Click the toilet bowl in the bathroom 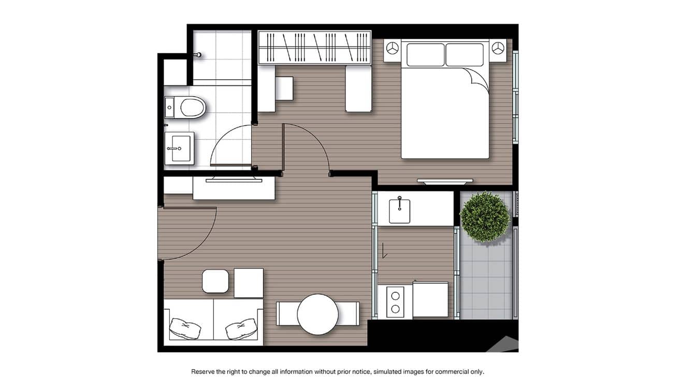[192, 108]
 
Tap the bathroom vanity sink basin [181, 148]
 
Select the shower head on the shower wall [198, 55]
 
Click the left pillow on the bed [425, 55]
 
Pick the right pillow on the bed [465, 55]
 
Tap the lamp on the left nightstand [392, 49]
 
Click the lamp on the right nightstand [498, 48]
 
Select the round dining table [317, 314]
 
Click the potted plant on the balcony [485, 217]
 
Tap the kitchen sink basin [400, 211]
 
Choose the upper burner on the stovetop [395, 296]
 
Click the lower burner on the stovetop [395, 309]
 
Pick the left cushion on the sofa [185, 328]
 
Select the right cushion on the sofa [241, 328]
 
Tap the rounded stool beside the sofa [215, 281]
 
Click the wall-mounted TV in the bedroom [445, 182]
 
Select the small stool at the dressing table [284, 88]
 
